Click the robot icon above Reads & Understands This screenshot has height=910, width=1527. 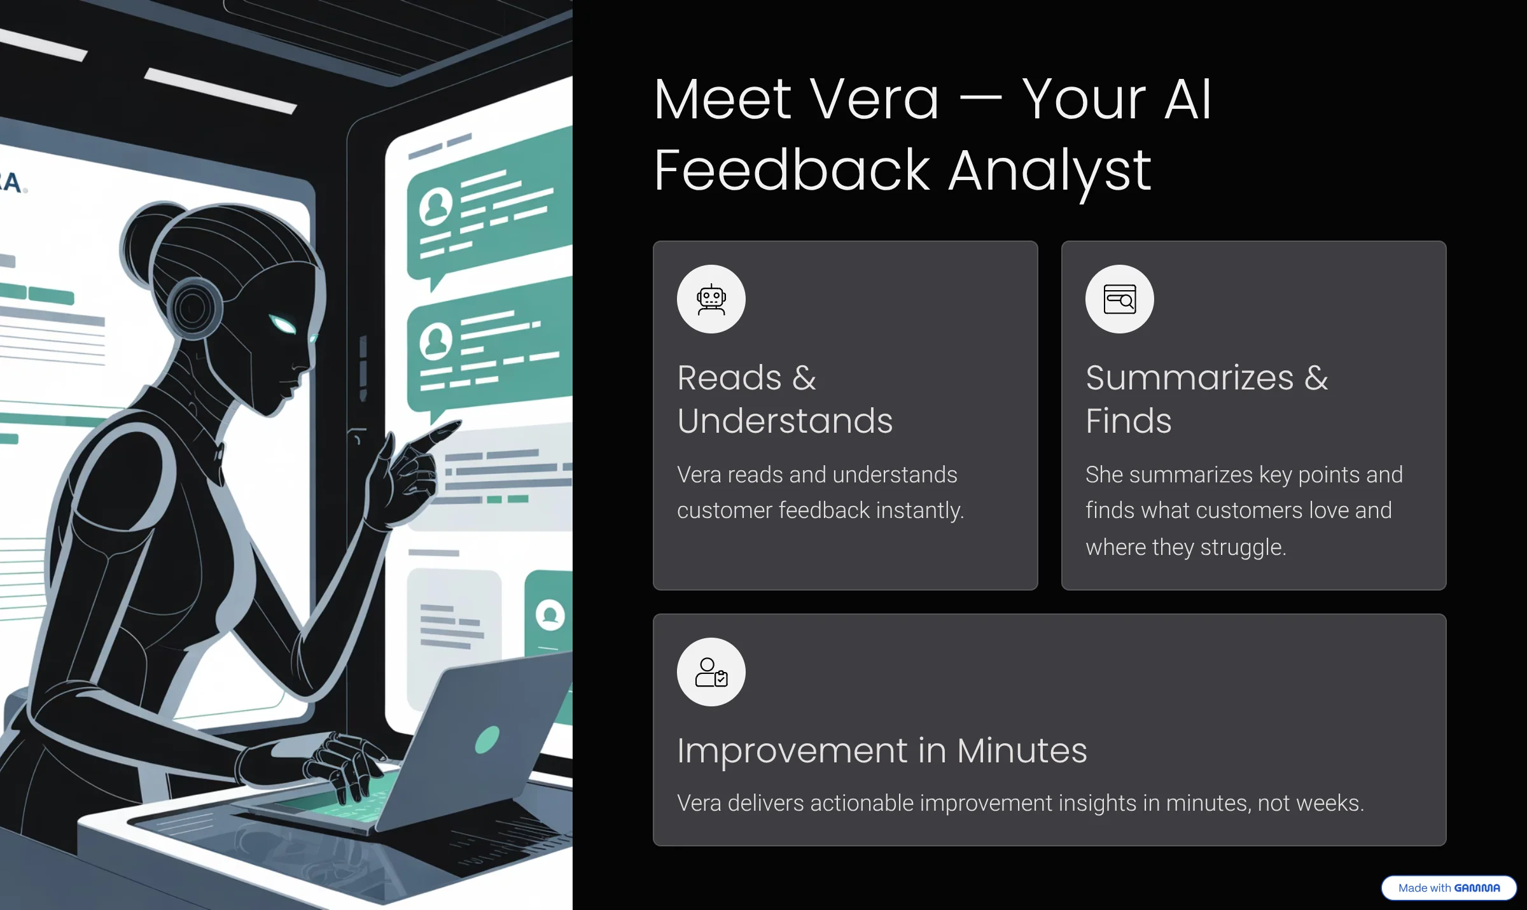click(711, 299)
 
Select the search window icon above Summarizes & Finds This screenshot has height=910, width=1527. click(1120, 299)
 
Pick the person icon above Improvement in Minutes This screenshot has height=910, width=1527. click(711, 672)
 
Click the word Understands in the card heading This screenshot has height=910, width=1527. click(785, 421)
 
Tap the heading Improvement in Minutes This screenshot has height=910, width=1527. click(882, 750)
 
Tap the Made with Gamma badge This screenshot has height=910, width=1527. click(1449, 888)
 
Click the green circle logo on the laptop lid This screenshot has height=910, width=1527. click(487, 739)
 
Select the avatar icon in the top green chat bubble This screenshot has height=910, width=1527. click(436, 206)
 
